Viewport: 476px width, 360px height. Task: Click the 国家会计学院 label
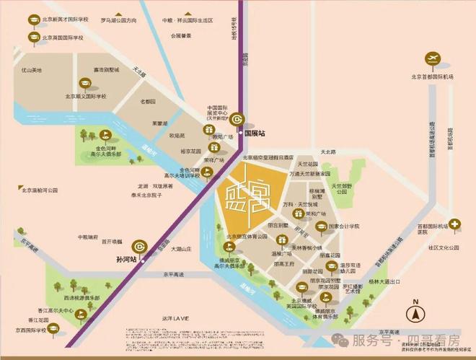click(x=343, y=226)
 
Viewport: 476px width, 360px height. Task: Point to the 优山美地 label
click(x=32, y=70)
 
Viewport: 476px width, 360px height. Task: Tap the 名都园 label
click(x=147, y=102)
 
